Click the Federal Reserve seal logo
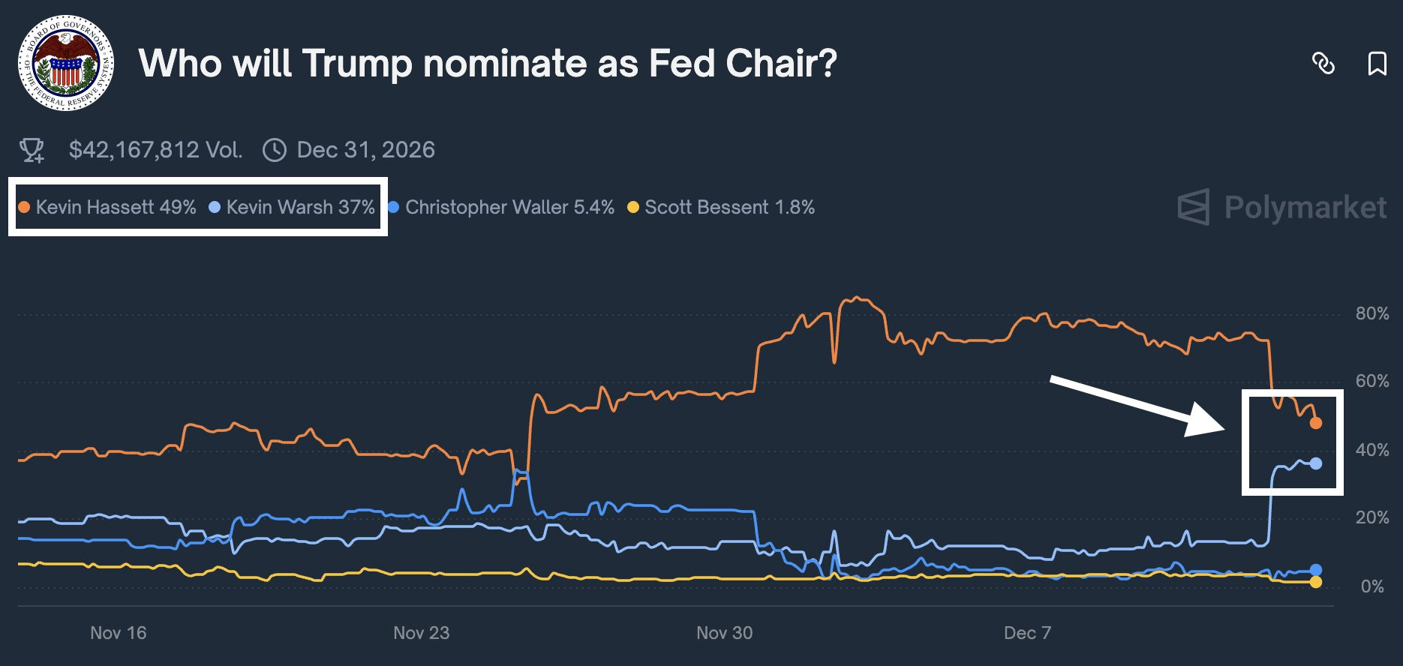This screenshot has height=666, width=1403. (x=66, y=63)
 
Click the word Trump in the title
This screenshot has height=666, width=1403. (x=357, y=64)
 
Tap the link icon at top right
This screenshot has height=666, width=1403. (x=1323, y=64)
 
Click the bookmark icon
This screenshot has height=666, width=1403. (x=1377, y=64)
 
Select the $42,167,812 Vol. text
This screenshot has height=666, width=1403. (x=155, y=150)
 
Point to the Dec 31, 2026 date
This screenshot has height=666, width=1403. (x=365, y=150)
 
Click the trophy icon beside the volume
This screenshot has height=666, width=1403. (x=32, y=150)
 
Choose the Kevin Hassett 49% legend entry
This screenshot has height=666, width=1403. (x=107, y=207)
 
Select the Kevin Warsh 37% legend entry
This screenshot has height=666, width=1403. (x=292, y=207)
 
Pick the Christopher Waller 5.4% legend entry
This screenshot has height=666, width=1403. (x=501, y=207)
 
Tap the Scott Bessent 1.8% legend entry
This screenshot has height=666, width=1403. (x=721, y=207)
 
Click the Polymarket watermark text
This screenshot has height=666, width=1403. (x=1305, y=208)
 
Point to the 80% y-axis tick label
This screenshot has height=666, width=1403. (x=1371, y=313)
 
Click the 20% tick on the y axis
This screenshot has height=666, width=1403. (x=1371, y=517)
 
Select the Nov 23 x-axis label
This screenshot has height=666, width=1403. (x=421, y=633)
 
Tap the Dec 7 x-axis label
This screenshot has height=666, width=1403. (x=1027, y=633)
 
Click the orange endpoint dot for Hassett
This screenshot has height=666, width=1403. (x=1316, y=423)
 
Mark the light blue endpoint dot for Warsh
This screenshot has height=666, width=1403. (x=1316, y=463)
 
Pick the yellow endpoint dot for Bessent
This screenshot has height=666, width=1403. (x=1316, y=582)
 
